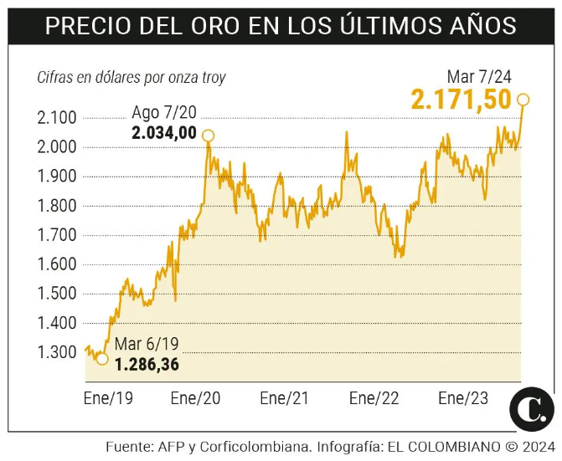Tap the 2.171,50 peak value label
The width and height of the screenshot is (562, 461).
[x=461, y=100]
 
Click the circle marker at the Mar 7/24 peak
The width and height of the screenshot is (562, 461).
[x=524, y=100]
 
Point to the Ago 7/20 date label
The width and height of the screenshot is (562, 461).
[x=164, y=113]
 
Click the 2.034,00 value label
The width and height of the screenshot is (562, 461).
[x=163, y=132]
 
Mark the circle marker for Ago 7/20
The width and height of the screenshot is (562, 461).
[x=208, y=136]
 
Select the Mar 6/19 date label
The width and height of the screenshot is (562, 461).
[x=147, y=344]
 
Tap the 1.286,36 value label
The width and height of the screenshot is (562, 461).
[x=147, y=364]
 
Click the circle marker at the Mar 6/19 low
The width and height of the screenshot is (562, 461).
[x=102, y=359]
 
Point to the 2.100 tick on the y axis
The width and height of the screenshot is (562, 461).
[x=57, y=118]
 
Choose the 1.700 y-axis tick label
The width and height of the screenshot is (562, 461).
[x=57, y=235]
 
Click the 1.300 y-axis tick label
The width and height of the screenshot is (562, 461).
[x=57, y=352]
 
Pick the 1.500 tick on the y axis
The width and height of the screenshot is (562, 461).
[x=57, y=294]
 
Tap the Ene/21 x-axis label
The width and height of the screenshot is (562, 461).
[x=286, y=397]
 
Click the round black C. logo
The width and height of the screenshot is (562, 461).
[x=532, y=408]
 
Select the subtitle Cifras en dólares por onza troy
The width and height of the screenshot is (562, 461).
[x=131, y=78]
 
